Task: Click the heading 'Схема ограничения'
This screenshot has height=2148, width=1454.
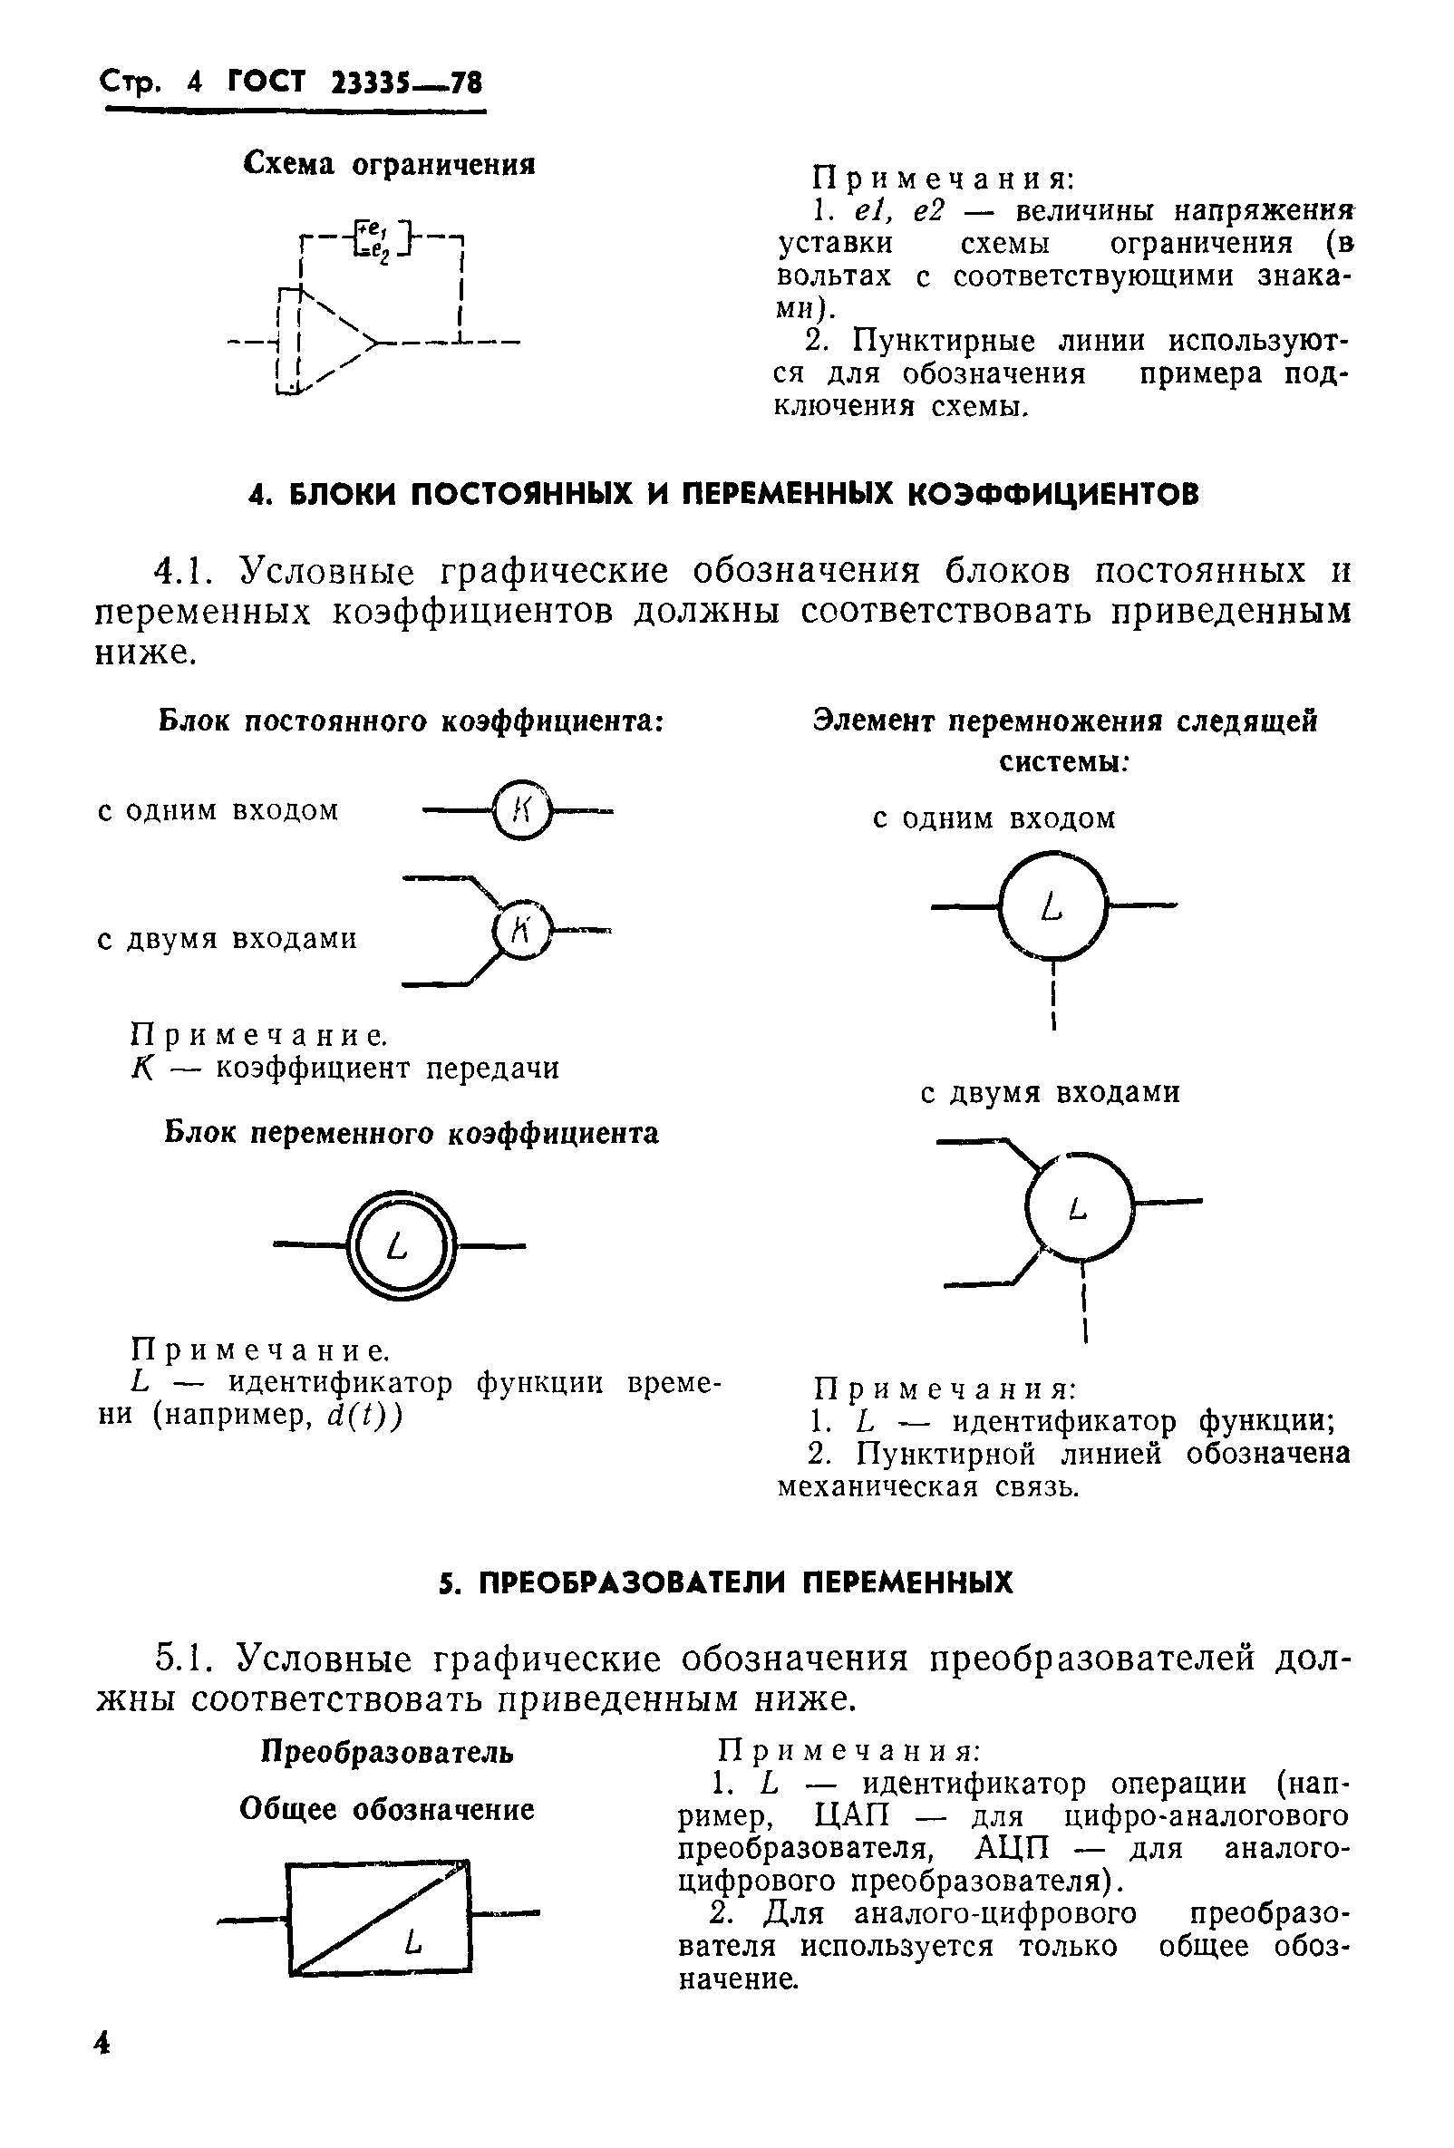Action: click(x=389, y=165)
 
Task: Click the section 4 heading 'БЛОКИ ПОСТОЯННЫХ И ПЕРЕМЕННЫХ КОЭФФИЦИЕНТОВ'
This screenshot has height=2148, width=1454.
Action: click(x=724, y=495)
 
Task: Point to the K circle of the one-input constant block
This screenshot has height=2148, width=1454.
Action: click(x=521, y=810)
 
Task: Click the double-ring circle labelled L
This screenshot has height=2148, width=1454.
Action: click(x=400, y=1247)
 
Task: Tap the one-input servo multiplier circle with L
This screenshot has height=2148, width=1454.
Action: click(x=1052, y=906)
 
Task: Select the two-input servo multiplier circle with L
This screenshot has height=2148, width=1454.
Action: click(x=1080, y=1206)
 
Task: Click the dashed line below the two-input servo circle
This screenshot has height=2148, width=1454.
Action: click(x=1084, y=1303)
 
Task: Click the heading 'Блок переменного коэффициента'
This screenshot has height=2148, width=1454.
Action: click(x=412, y=1133)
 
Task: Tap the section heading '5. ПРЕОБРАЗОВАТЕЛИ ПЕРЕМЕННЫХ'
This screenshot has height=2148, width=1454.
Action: click(x=725, y=1582)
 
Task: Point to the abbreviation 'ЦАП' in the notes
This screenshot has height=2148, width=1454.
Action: click(x=852, y=1816)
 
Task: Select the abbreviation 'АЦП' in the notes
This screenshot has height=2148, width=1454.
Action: click(x=1013, y=1849)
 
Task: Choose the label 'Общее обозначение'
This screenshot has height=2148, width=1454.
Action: click(x=386, y=1809)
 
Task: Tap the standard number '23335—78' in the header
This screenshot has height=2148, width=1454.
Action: click(x=407, y=84)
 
